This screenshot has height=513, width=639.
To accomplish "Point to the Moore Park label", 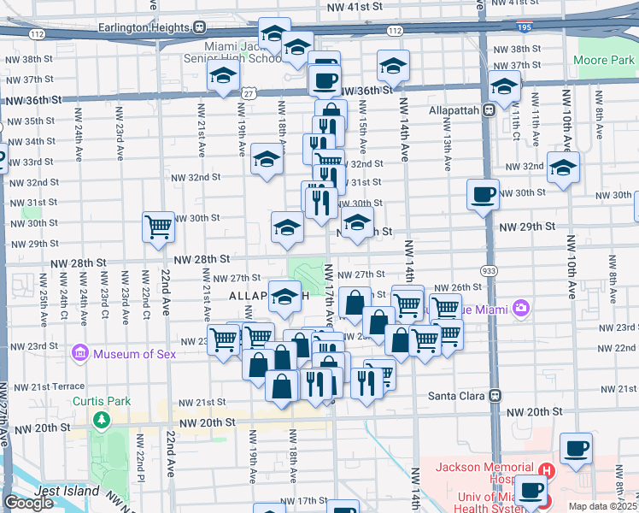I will point(604,61).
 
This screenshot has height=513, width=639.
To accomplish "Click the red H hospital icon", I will point(546,471).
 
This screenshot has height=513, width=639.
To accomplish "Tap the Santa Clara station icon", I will point(494,396).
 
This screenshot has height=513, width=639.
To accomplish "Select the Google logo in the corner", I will point(29,503).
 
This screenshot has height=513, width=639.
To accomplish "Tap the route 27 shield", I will point(249,92).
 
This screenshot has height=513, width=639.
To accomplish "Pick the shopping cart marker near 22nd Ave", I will point(158,227).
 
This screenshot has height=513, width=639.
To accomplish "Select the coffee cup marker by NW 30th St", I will point(483,194).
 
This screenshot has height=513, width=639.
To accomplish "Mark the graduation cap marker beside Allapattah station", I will point(504,85).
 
